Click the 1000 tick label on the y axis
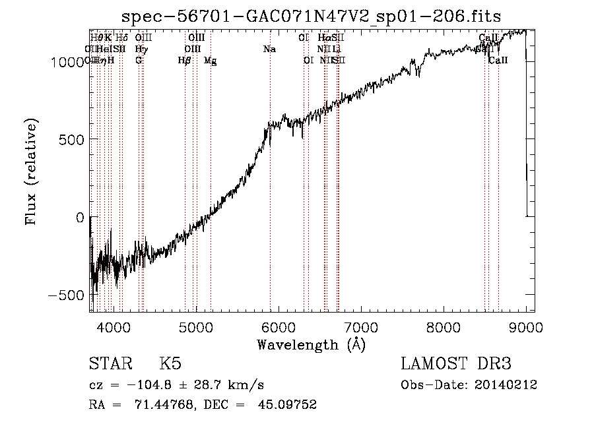(x=68, y=61)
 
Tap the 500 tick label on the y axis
(x=73, y=139)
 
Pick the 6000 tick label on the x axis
(x=279, y=326)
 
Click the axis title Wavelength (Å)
(x=311, y=344)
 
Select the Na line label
(x=269, y=49)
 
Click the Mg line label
(x=210, y=61)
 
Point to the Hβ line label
(x=184, y=61)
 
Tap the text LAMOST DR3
(x=456, y=365)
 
